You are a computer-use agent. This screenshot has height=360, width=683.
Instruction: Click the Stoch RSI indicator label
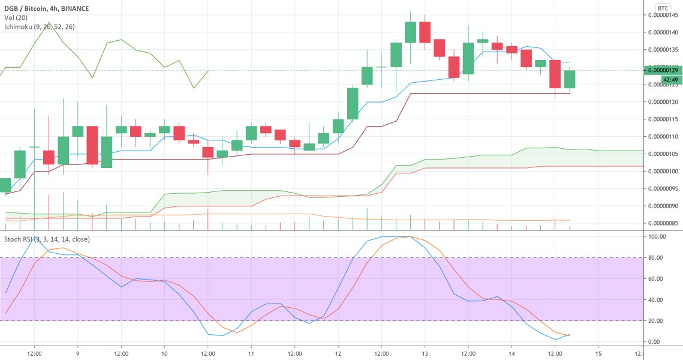[x=47, y=239]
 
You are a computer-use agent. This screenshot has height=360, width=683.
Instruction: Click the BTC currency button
[x=663, y=8]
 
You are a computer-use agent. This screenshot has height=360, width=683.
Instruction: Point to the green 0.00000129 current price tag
[x=663, y=70]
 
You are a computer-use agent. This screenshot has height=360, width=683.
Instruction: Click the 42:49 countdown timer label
[x=670, y=79]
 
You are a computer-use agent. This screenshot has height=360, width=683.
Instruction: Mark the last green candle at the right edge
[x=570, y=79]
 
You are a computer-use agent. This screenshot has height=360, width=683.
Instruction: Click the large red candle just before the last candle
[x=555, y=74]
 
